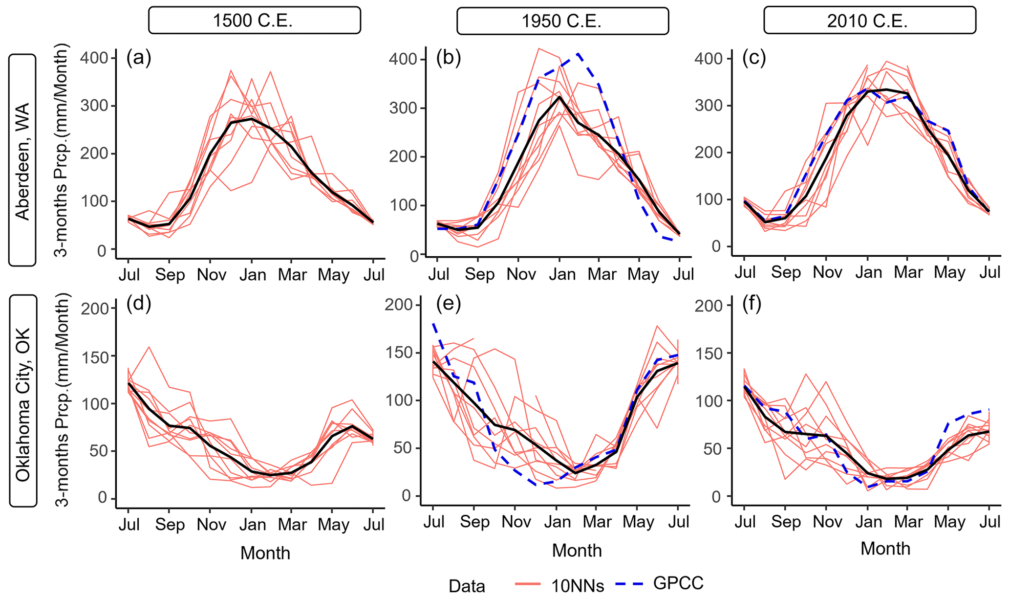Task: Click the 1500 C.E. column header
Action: [254, 21]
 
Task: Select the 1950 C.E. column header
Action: [562, 21]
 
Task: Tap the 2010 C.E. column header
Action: [870, 21]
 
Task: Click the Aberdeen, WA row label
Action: [22, 160]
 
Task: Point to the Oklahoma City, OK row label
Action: [23, 401]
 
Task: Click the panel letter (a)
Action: [138, 58]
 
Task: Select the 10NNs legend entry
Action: [577, 585]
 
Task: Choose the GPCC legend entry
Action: [678, 583]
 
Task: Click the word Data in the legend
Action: [467, 586]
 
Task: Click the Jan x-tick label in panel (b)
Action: [562, 274]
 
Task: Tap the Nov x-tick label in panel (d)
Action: [211, 525]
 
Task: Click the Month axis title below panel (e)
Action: [577, 551]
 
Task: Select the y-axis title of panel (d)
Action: [62, 401]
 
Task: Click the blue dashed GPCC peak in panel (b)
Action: [579, 54]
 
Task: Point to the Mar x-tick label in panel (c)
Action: [908, 272]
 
